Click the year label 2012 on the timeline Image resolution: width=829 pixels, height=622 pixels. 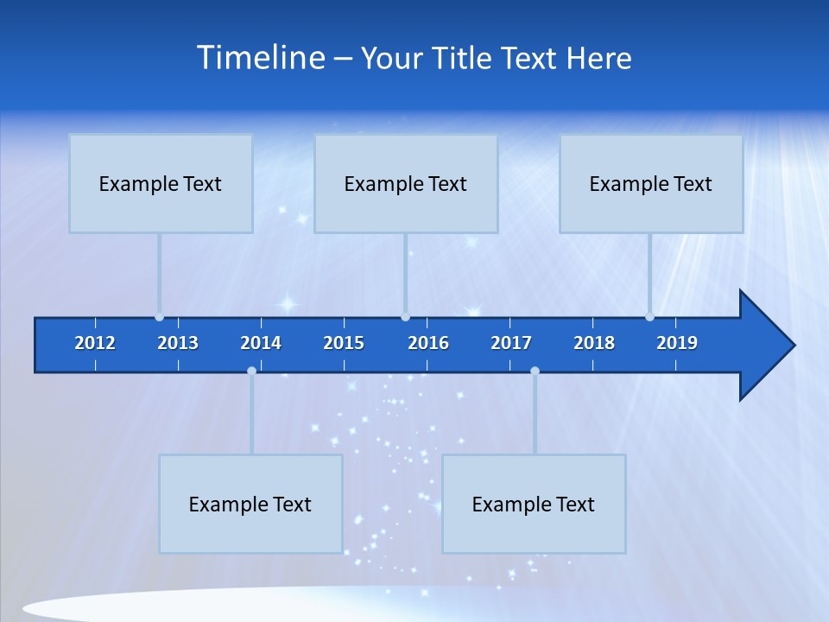pyautogui.click(x=95, y=343)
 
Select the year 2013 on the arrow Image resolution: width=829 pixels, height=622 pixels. pyautogui.click(x=178, y=343)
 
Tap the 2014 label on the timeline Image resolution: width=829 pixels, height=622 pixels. pyautogui.click(x=261, y=343)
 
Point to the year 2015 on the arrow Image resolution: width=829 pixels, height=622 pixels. pyautogui.click(x=344, y=343)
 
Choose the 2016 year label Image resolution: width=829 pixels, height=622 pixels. pyautogui.click(x=428, y=343)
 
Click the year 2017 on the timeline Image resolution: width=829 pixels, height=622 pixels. pyautogui.click(x=511, y=343)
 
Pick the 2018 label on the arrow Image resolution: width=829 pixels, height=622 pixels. pyautogui.click(x=594, y=343)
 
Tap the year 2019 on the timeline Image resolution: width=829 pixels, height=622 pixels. pyautogui.click(x=677, y=343)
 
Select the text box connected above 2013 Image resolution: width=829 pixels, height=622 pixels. pyautogui.click(x=161, y=183)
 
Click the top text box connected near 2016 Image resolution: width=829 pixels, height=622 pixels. pyautogui.click(x=406, y=183)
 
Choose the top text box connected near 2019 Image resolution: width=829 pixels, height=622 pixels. pyautogui.click(x=651, y=183)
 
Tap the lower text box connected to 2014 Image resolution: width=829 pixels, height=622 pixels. pyautogui.click(x=250, y=504)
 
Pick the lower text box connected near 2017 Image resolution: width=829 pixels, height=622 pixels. pyautogui.click(x=534, y=504)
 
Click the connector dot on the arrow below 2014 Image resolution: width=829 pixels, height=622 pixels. pyautogui.click(x=251, y=371)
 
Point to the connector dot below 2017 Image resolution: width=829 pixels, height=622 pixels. pyautogui.click(x=535, y=371)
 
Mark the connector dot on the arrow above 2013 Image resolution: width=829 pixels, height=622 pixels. pyautogui.click(x=159, y=317)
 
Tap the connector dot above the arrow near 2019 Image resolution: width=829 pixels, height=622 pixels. pyautogui.click(x=649, y=317)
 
